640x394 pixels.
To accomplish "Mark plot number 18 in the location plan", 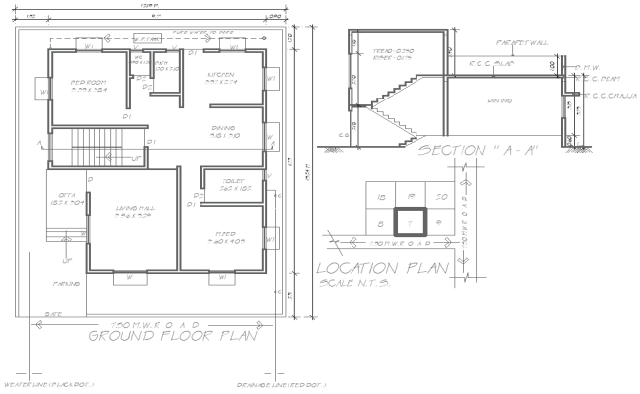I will click(382, 198).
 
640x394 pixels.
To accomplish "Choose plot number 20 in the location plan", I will click(441, 198).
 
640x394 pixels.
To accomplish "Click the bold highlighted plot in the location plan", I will click(411, 223).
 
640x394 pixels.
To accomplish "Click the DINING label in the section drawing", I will click(501, 100).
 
